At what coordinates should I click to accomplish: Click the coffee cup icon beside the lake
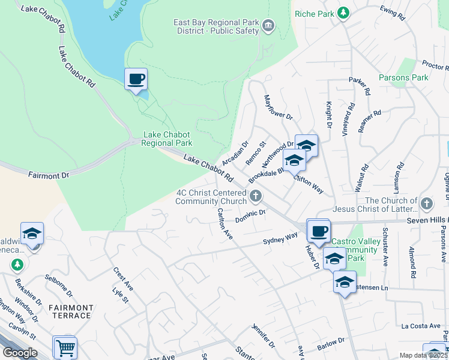pyautogui.click(x=136, y=79)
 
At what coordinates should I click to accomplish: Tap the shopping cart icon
pyautogui.click(x=65, y=347)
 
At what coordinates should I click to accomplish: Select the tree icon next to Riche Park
pyautogui.click(x=343, y=13)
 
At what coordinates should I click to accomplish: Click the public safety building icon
pyautogui.click(x=268, y=25)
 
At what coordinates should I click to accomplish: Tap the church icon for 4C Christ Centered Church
pyautogui.click(x=256, y=195)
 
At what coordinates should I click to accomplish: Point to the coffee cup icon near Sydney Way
pyautogui.click(x=319, y=230)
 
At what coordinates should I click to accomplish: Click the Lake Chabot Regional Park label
pyautogui.click(x=167, y=139)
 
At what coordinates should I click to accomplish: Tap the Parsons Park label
pyautogui.click(x=403, y=78)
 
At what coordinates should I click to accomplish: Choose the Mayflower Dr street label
pyautogui.click(x=277, y=107)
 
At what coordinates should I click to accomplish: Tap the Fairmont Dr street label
pyautogui.click(x=49, y=175)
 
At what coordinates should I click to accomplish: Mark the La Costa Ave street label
pyautogui.click(x=421, y=326)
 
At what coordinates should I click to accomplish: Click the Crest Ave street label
pyautogui.click(x=122, y=280)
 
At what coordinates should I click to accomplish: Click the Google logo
pyautogui.click(x=19, y=353)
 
